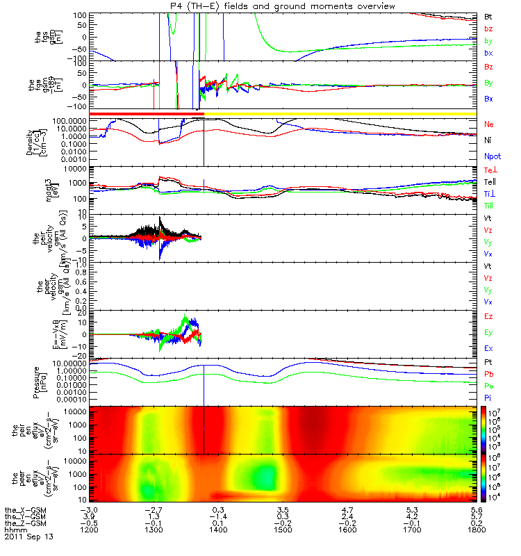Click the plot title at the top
(282, 6)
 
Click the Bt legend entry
(489, 16)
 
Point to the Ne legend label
(490, 124)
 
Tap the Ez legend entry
(489, 317)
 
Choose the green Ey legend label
(489, 332)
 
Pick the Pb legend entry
(490, 375)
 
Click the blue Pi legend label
(489, 398)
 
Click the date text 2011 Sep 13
(28, 537)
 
